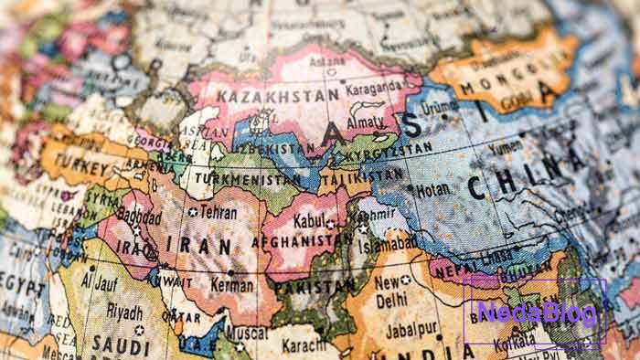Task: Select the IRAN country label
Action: click(207, 245)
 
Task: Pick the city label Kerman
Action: click(234, 284)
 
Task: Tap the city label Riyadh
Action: click(124, 311)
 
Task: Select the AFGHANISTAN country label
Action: click(306, 242)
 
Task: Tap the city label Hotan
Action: click(433, 191)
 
